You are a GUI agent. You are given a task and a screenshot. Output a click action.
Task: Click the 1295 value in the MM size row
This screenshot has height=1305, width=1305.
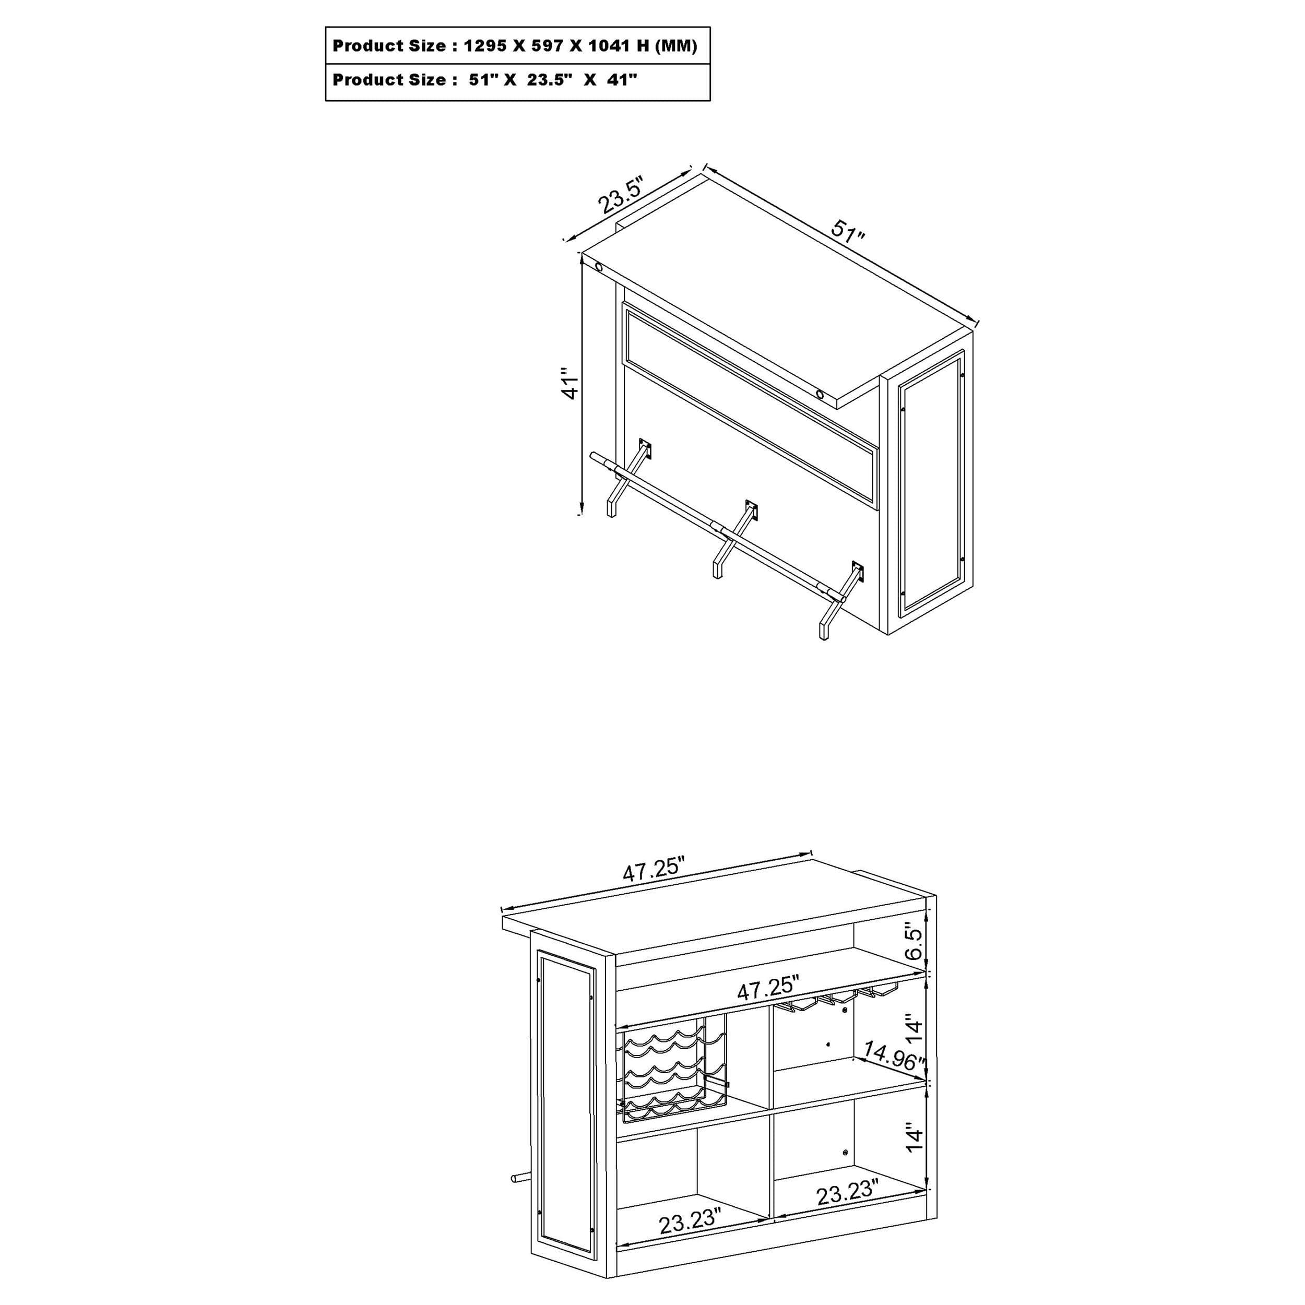(485, 46)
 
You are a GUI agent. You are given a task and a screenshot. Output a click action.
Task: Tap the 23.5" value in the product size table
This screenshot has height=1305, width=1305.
(550, 80)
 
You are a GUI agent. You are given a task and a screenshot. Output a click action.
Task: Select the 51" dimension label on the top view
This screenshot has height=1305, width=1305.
(847, 231)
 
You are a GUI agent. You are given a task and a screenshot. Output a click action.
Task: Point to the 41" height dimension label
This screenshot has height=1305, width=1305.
(570, 383)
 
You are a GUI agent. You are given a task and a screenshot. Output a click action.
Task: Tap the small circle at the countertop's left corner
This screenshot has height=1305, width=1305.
(598, 267)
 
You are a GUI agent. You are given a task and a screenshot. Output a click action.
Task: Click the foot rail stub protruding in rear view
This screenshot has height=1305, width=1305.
(519, 1178)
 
